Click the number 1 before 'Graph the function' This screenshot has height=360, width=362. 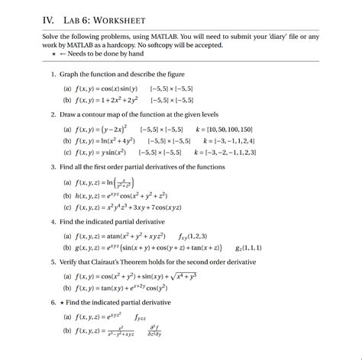tap(53, 75)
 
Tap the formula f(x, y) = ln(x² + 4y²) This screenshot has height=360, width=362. tap(106, 141)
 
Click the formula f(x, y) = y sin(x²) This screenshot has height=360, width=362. tap(103, 153)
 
